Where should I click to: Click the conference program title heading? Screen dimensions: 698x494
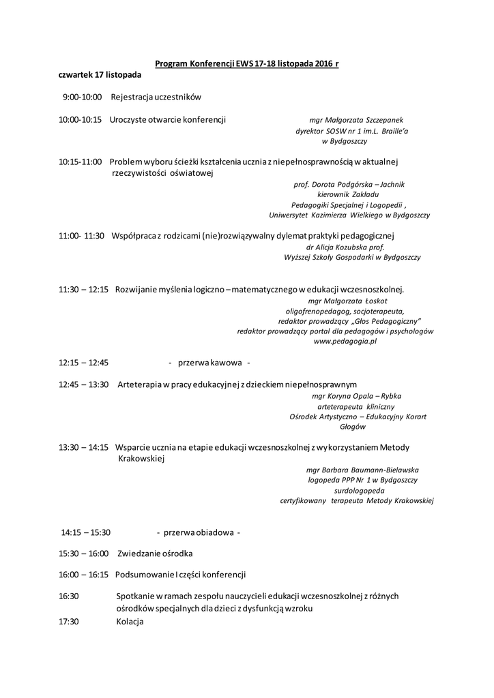[x=247, y=63]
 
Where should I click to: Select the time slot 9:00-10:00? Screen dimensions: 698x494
[x=82, y=97]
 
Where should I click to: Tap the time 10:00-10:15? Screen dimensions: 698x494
[x=80, y=119]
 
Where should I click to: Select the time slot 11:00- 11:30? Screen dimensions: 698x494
[x=81, y=236]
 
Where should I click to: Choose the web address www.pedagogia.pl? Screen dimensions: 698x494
[x=345, y=342]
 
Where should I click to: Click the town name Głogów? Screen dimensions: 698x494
[x=353, y=427]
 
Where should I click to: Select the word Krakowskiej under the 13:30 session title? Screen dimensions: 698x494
[x=142, y=459]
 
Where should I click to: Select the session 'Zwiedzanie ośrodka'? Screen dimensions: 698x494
[x=155, y=553]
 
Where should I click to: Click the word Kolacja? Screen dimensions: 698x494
[x=130, y=622]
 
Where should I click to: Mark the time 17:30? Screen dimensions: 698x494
[x=69, y=622]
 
